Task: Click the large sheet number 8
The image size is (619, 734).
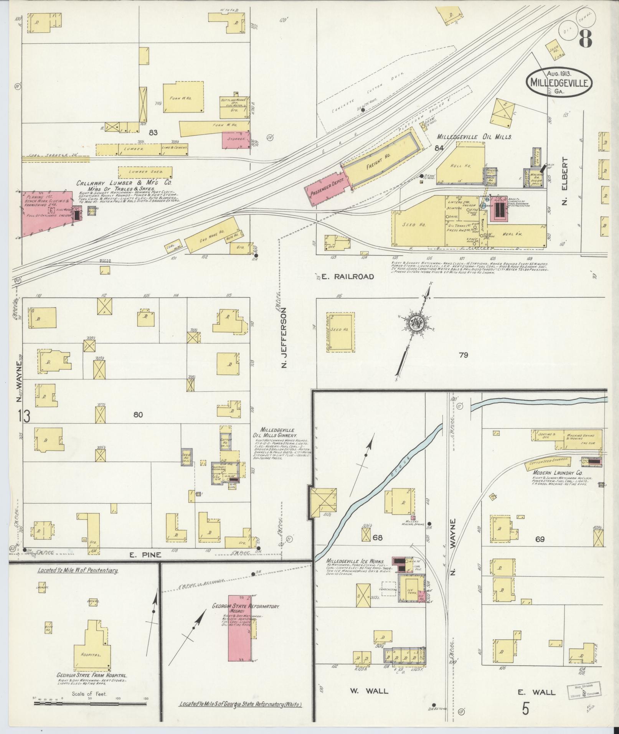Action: [584, 38]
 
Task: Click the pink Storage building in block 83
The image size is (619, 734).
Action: [236, 139]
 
